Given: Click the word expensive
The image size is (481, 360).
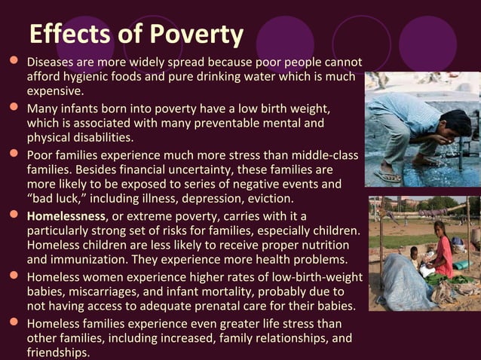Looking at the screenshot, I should (54, 90).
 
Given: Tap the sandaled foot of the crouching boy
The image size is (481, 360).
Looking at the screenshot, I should (389, 176).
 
